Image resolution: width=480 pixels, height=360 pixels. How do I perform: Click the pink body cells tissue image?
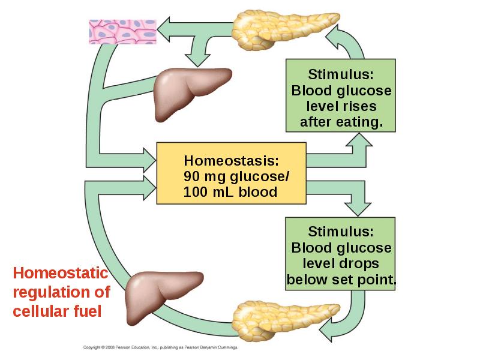click(x=123, y=32)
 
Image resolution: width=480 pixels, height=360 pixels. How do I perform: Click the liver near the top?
click(x=191, y=94)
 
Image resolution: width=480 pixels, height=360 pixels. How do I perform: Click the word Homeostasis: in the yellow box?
click(x=232, y=160)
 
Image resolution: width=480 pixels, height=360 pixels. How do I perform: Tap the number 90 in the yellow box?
click(x=191, y=176)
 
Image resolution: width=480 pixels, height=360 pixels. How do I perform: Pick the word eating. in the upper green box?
click(x=359, y=122)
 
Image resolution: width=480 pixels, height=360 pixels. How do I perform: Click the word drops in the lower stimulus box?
click(x=362, y=263)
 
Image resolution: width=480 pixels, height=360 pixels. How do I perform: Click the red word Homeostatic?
click(x=61, y=273)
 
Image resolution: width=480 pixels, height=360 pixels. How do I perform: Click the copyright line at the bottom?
click(x=160, y=347)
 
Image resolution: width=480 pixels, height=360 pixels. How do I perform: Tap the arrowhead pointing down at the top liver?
click(x=198, y=61)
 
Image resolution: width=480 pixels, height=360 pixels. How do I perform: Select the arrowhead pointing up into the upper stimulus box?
click(x=359, y=140)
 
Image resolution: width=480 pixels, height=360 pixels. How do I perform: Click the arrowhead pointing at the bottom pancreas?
click(x=325, y=331)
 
